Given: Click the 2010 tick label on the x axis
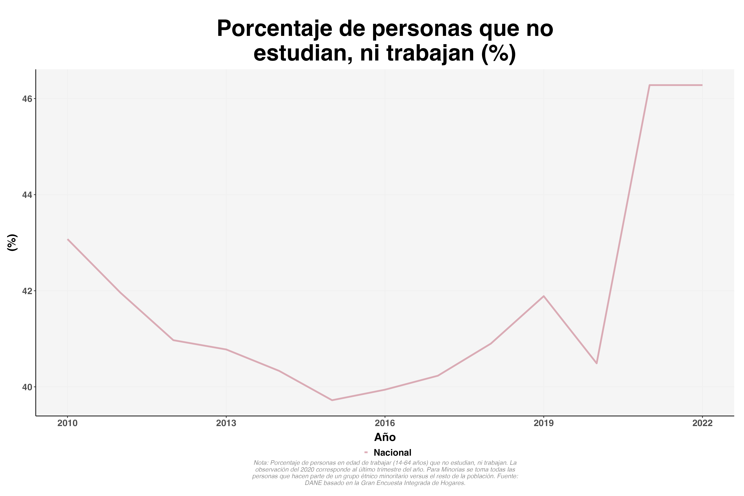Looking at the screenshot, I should (x=67, y=423).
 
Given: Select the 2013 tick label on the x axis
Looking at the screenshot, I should (x=226, y=423).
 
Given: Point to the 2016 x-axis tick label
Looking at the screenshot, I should (x=385, y=423).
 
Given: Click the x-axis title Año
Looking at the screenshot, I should (x=385, y=437).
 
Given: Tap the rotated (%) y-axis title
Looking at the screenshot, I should (x=12, y=243).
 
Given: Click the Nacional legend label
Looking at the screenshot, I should (x=392, y=453).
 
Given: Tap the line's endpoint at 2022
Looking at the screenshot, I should (x=702, y=85).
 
